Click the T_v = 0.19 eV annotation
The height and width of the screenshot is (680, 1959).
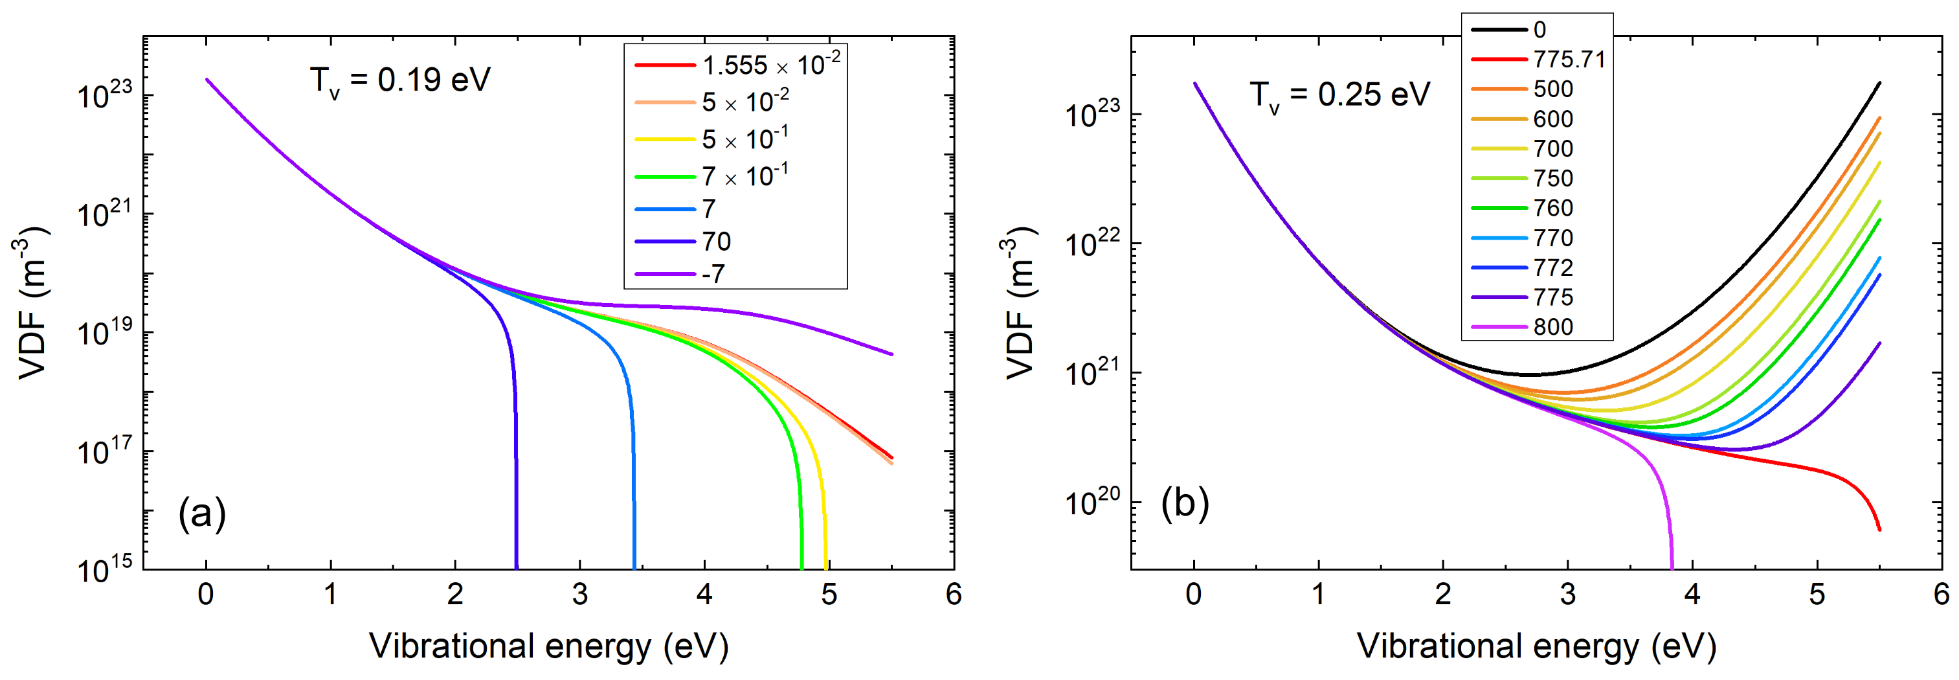[x=400, y=80]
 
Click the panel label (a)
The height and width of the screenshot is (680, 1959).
[x=202, y=514]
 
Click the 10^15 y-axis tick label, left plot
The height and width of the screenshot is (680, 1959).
[x=105, y=568]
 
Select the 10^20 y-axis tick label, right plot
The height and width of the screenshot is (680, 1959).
[x=1092, y=502]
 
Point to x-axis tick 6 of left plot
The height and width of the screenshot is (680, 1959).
[x=954, y=594]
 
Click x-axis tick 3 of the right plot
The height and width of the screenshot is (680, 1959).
[x=1567, y=594]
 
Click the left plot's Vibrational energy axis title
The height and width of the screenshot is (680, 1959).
[x=548, y=646]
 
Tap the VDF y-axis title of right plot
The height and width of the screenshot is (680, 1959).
[x=1020, y=302]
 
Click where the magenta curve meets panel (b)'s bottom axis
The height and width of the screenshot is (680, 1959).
[x=1672, y=567]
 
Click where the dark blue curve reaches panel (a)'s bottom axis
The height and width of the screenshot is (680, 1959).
[x=517, y=567]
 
